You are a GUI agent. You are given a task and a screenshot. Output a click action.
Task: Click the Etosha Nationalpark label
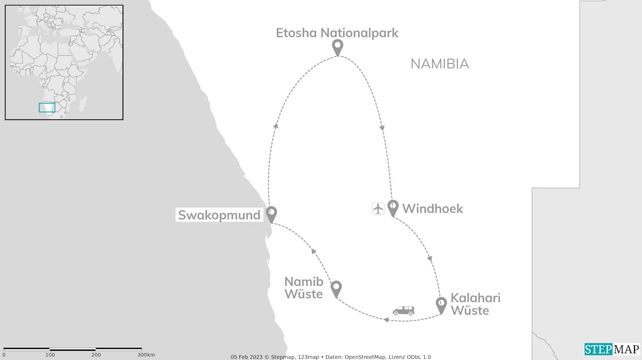[x=337, y=33]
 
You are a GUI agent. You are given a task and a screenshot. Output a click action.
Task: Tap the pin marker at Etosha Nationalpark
[x=338, y=47]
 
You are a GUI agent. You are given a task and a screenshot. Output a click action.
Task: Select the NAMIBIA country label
[x=439, y=64]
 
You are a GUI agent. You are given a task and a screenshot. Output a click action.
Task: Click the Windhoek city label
[x=432, y=209]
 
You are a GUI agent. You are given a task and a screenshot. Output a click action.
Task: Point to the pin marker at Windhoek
[x=393, y=207]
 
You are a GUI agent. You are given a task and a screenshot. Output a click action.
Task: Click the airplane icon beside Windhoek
[x=378, y=208]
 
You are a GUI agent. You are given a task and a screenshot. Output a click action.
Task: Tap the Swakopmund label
[x=219, y=216]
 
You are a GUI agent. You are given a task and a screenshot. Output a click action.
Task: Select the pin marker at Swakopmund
[x=271, y=213]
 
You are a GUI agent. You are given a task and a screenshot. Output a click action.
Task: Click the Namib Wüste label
[x=303, y=288]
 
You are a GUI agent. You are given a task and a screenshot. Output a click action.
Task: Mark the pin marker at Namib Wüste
[x=336, y=288]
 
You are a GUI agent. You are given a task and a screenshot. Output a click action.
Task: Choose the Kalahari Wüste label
[x=475, y=304]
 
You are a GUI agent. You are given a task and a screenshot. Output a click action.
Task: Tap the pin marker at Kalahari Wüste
[x=441, y=304]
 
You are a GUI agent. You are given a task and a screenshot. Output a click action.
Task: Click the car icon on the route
[x=403, y=311]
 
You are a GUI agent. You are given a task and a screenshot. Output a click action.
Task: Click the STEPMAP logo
[x=612, y=349]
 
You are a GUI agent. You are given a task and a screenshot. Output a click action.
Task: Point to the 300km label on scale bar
[x=145, y=355]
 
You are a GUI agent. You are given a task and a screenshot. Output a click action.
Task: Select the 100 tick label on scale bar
[x=50, y=355]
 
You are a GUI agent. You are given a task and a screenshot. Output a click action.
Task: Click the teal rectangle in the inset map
[x=47, y=107]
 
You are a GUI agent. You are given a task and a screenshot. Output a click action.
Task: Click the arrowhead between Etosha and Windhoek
[x=382, y=128]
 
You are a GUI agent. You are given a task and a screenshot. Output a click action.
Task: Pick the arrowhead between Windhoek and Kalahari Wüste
[x=430, y=259]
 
